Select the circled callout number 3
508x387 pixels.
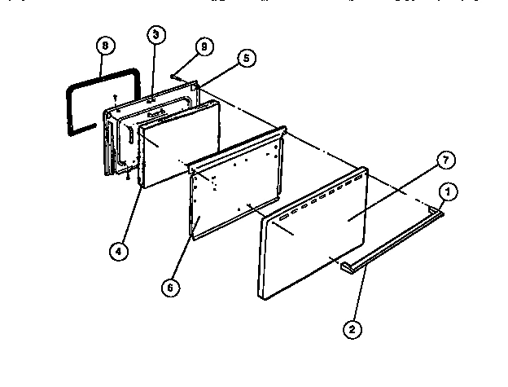[155, 35]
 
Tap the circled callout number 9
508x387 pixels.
[204, 47]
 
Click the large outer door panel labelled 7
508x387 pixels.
[317, 244]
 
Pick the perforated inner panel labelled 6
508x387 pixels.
[236, 196]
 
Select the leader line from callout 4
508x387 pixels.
[130, 212]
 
